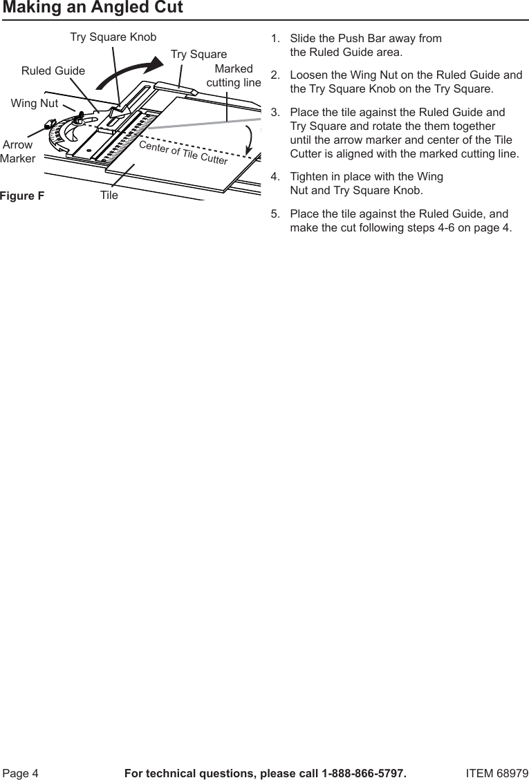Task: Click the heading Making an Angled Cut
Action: pyautogui.click(x=93, y=8)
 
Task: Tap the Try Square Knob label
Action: pyautogui.click(x=113, y=37)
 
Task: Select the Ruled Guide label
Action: pyautogui.click(x=53, y=70)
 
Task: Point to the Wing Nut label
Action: pyautogui.click(x=35, y=104)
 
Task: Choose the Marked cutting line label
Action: pyautogui.click(x=234, y=76)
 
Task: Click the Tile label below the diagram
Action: pyautogui.click(x=109, y=196)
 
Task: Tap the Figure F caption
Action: pyautogui.click(x=22, y=196)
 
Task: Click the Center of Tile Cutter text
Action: pyautogui.click(x=183, y=153)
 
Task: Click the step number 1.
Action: pyautogui.click(x=275, y=38)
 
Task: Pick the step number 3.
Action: pyautogui.click(x=275, y=112)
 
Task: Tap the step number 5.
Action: pyautogui.click(x=275, y=213)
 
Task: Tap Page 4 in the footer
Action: pyautogui.click(x=21, y=772)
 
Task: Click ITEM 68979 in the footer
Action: pyautogui.click(x=496, y=772)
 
